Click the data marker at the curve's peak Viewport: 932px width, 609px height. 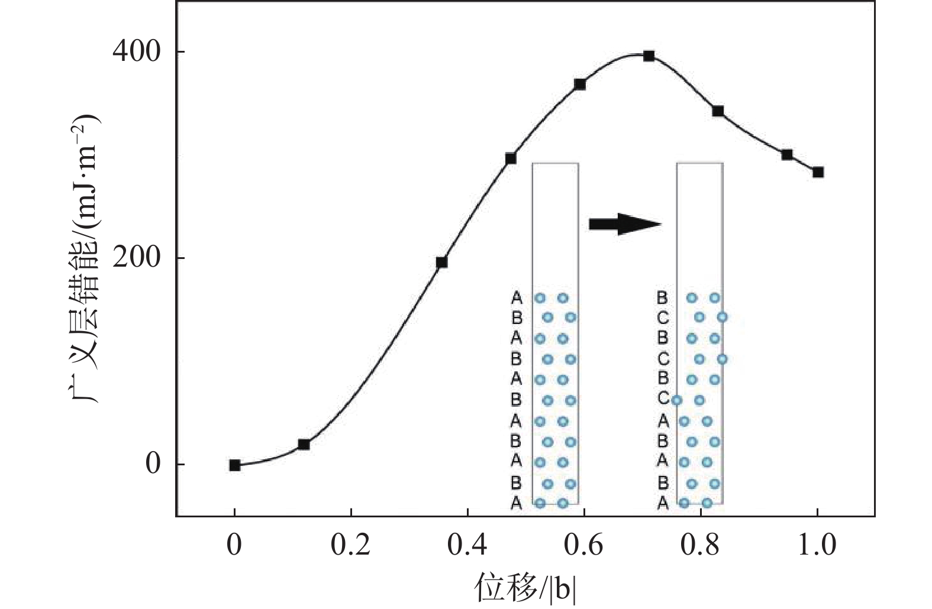(x=649, y=56)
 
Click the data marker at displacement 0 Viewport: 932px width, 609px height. (x=235, y=465)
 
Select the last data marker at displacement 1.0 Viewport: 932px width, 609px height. (x=818, y=172)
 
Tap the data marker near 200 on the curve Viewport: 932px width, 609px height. (x=441, y=263)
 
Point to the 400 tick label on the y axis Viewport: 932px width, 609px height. (x=137, y=52)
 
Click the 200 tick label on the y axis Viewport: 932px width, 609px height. (x=137, y=258)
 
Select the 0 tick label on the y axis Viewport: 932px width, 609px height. (x=153, y=464)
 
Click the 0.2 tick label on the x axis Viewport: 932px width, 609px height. (x=351, y=545)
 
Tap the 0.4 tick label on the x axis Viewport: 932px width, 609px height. (x=467, y=545)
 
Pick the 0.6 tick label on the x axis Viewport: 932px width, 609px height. (x=584, y=545)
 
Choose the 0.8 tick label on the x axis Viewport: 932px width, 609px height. (x=701, y=545)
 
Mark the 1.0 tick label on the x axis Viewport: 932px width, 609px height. (x=817, y=545)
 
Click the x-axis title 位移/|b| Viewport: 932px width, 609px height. (x=525, y=589)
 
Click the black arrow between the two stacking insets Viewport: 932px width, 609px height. (x=624, y=223)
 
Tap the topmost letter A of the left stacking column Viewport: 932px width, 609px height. (x=517, y=297)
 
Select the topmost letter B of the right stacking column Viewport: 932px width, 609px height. (x=662, y=298)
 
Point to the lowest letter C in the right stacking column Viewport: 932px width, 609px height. (x=663, y=399)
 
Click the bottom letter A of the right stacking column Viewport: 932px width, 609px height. (x=663, y=503)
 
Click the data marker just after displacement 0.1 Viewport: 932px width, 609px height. (x=304, y=444)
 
